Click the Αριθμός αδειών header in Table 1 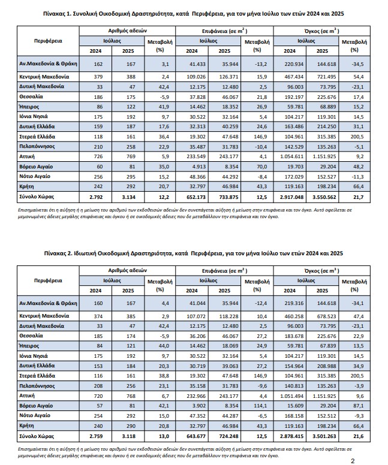click(x=130, y=30)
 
